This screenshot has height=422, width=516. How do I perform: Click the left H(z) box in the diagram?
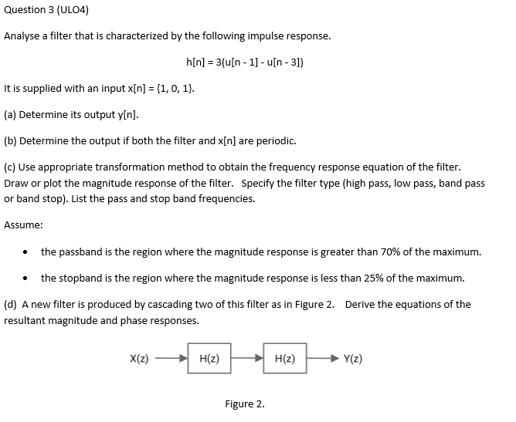209,359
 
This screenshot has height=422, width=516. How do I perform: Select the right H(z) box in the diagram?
285,359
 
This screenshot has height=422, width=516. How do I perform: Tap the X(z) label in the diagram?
139,359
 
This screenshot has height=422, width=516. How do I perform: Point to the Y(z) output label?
353,359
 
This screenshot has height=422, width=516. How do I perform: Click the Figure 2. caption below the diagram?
244,403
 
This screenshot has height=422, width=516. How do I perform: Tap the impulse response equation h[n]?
245,62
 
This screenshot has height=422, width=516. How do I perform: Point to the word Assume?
23,225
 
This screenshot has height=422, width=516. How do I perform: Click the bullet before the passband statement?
27,252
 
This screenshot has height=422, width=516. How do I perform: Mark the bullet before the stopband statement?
27,278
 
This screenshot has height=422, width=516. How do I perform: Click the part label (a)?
11,115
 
